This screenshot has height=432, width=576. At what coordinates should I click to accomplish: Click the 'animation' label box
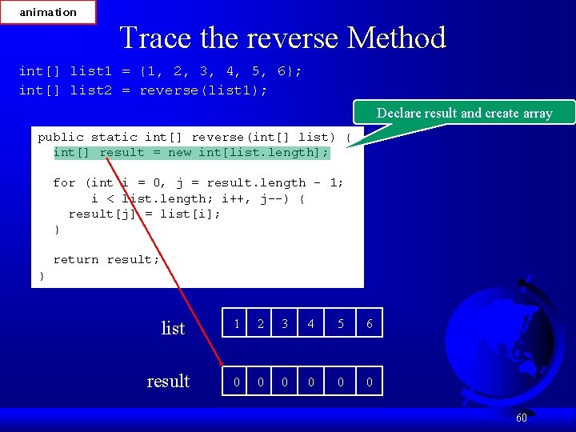click(48, 12)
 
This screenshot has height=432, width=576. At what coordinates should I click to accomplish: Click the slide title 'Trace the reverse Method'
click(282, 38)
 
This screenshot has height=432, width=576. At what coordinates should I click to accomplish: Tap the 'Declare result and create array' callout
click(464, 113)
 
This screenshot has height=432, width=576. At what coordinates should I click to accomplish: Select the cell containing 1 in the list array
click(236, 324)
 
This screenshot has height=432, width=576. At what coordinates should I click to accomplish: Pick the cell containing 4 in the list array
click(311, 324)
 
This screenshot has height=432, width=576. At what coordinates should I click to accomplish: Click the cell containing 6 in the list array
click(369, 324)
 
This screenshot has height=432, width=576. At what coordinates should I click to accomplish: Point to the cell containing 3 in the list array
click(285, 324)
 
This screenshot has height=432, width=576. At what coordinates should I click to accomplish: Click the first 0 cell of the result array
click(236, 382)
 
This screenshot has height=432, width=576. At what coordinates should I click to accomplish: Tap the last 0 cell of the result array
click(369, 382)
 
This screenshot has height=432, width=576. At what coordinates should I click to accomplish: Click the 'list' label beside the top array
click(173, 328)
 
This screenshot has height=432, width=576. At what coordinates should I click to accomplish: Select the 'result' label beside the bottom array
click(168, 381)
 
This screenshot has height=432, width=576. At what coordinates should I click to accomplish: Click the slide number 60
click(521, 418)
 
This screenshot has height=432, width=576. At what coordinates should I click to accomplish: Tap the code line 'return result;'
click(106, 259)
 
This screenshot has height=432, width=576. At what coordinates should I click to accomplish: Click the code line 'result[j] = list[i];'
click(144, 214)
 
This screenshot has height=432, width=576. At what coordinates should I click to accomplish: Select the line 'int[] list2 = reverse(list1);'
click(143, 90)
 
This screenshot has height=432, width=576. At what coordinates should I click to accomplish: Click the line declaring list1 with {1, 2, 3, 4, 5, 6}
click(160, 71)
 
